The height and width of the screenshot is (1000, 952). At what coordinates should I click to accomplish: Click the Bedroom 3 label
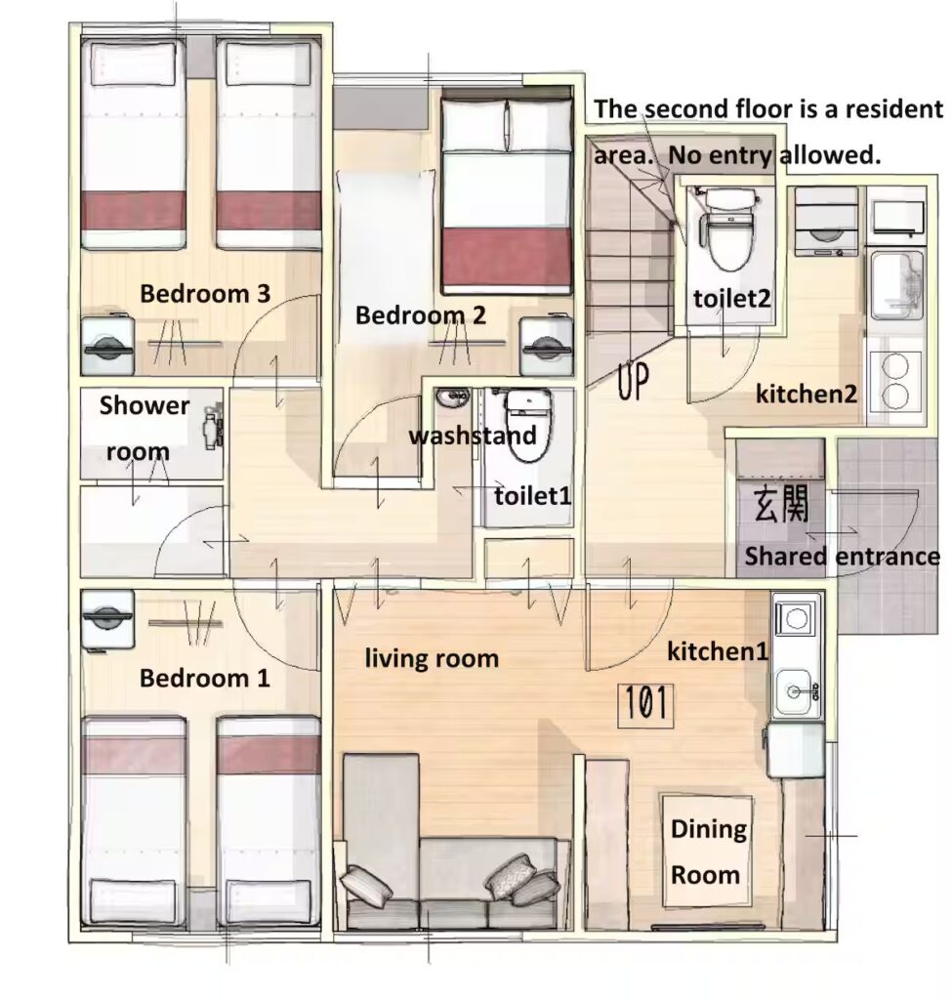coord(205,294)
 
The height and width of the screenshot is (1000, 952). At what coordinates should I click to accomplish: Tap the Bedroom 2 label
coord(420,315)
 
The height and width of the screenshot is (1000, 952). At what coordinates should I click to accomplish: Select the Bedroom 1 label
coord(205,678)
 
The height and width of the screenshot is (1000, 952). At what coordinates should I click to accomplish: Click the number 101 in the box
coord(646,703)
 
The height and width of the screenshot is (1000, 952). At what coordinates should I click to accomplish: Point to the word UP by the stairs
coord(633,381)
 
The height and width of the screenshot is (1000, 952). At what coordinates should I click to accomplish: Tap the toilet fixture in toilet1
coord(528,424)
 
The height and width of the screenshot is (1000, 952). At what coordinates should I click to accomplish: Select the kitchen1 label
coord(718,651)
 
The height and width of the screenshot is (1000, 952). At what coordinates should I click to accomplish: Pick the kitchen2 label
coord(806,395)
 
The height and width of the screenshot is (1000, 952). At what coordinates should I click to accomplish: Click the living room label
coord(432,659)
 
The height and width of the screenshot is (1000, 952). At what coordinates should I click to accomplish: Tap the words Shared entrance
coord(842,557)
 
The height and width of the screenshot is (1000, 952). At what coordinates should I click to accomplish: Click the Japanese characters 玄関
coord(781,503)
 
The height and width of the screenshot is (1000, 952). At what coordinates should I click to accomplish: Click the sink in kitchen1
coord(795,692)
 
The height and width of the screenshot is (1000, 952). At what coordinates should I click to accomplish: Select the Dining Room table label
coord(708,852)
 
